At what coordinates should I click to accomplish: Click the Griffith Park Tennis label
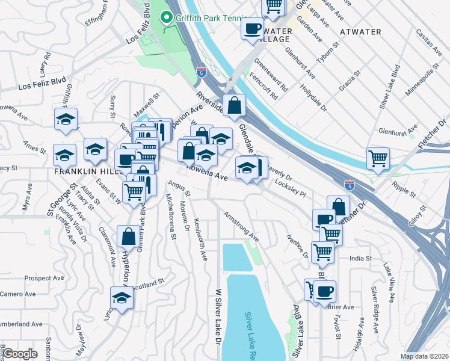click(x=201, y=18)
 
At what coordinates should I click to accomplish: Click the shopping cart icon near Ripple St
click(x=378, y=158)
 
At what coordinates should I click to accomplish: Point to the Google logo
click(x=20, y=354)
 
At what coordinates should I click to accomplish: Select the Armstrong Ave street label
click(x=241, y=226)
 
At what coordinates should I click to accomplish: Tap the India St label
click(x=361, y=258)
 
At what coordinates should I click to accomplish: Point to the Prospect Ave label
click(x=45, y=279)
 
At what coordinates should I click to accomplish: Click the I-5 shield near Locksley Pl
click(x=349, y=184)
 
